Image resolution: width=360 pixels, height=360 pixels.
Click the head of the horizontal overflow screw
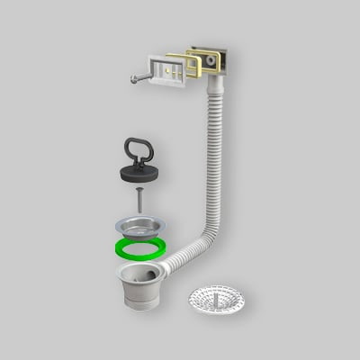134,78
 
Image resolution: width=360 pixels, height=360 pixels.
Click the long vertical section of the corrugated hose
216,162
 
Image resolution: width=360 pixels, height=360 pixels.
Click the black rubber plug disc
139,171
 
